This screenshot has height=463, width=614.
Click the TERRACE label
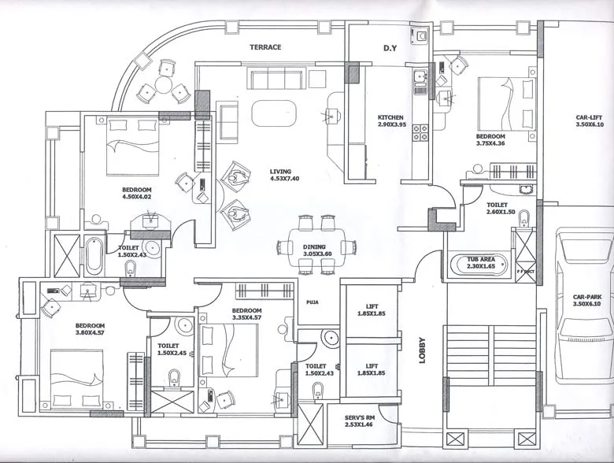[265, 47]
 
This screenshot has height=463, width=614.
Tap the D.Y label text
[390, 49]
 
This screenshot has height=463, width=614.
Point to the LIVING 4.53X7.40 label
[285, 175]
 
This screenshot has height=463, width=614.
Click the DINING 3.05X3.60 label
[318, 251]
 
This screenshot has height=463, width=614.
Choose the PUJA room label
[311, 300]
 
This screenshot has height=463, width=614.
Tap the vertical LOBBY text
[422, 350]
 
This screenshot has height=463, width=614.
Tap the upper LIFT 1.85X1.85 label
[372, 311]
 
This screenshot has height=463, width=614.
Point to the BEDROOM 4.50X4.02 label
[136, 194]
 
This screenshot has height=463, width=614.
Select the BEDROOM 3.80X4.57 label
[91, 331]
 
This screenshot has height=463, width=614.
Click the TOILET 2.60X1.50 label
[501, 208]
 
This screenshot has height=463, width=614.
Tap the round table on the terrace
[165, 84]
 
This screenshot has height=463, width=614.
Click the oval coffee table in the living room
[274, 113]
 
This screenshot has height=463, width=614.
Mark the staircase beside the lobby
[491, 354]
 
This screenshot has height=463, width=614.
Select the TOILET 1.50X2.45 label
[172, 349]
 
